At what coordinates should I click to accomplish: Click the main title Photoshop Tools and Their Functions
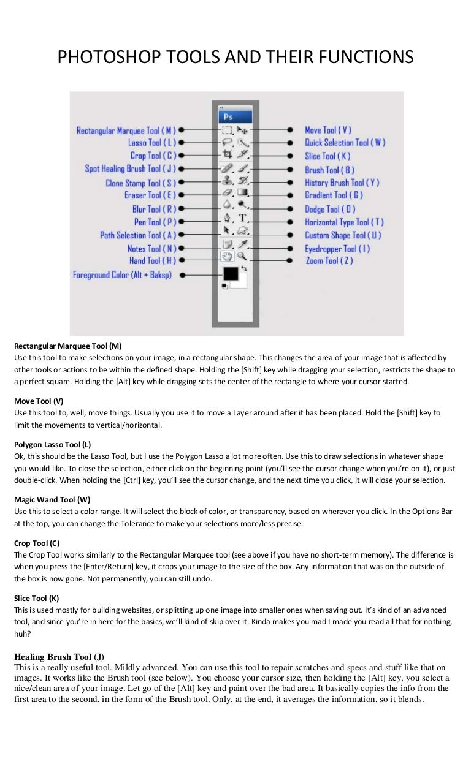(x=235, y=58)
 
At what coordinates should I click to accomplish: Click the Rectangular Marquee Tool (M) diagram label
(x=126, y=130)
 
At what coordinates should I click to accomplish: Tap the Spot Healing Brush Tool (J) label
(x=130, y=168)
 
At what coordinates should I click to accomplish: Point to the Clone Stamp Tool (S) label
(x=140, y=183)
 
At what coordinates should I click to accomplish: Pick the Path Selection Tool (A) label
(x=138, y=235)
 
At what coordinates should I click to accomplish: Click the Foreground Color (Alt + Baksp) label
(x=122, y=275)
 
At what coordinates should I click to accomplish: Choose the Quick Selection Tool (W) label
(x=345, y=143)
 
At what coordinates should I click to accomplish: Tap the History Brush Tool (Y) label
(x=342, y=183)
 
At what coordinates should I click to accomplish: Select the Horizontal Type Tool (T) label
(x=344, y=222)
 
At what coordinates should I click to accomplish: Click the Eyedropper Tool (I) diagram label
(x=337, y=249)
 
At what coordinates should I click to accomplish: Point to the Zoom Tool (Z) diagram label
(x=329, y=261)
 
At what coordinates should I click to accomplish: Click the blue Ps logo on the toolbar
(x=228, y=116)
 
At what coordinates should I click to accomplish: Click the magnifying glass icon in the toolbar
(x=242, y=256)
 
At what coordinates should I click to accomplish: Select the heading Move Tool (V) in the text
(x=39, y=401)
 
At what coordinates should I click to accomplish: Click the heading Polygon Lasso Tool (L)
(x=52, y=444)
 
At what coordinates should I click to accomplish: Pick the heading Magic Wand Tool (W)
(x=52, y=499)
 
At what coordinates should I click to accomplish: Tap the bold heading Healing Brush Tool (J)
(x=59, y=657)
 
